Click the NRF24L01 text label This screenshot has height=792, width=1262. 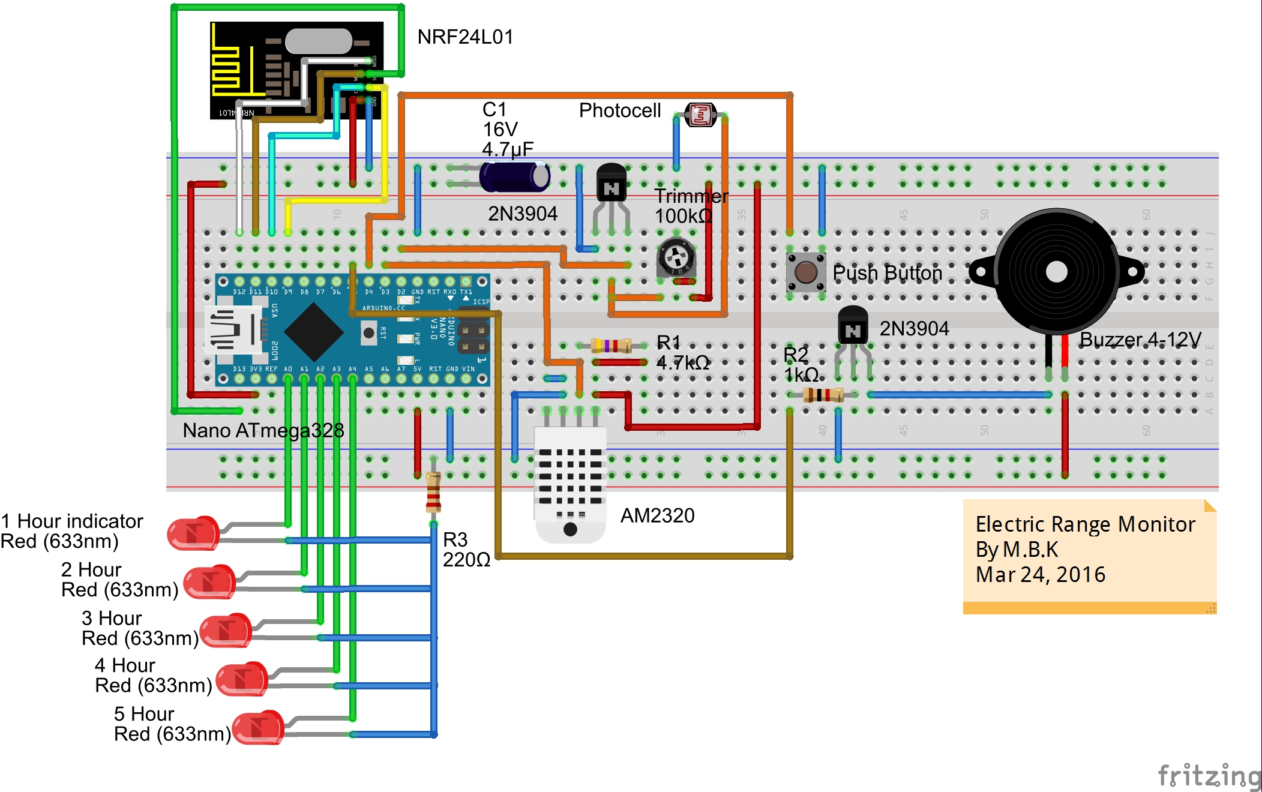465,37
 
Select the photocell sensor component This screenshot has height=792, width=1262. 700,115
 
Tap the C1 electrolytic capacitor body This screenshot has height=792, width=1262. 514,176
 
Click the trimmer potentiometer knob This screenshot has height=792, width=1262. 676,257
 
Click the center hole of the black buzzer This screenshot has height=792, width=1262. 1056,272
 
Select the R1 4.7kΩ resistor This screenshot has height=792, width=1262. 611,346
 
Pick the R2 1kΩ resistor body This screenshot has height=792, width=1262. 823,395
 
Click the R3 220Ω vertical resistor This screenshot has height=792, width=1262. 433,492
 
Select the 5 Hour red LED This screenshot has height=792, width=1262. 258,727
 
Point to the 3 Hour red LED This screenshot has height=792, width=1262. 226,630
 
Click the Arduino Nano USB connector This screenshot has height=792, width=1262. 231,330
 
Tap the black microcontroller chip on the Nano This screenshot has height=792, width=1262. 313,332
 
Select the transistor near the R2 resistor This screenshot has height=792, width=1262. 852,328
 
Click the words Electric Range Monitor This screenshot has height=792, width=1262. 1085,524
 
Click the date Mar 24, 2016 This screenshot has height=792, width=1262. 1040,575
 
